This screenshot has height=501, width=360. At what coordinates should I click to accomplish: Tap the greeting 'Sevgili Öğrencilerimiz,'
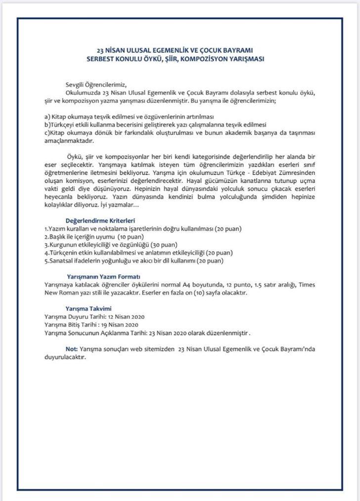(x=99, y=84)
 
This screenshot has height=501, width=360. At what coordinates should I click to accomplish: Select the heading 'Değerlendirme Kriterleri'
(x=100, y=220)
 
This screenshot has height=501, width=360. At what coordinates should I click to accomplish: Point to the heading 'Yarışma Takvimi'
(x=85, y=308)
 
